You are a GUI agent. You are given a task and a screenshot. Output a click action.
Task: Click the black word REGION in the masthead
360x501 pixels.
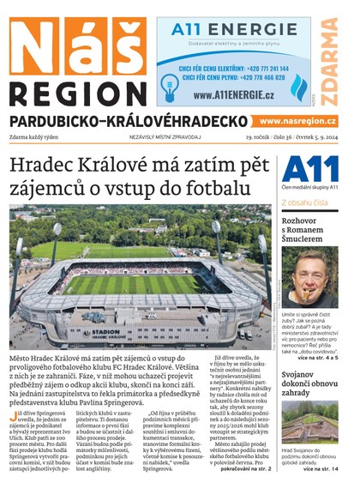77,94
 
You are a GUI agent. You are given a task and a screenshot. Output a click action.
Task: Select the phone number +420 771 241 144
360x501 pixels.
261,67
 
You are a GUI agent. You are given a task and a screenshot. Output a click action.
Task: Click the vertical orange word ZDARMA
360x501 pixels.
330,59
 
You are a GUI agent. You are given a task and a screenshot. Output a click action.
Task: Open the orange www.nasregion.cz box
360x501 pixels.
297,122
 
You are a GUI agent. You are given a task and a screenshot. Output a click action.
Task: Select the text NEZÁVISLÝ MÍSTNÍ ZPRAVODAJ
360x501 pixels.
165,136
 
